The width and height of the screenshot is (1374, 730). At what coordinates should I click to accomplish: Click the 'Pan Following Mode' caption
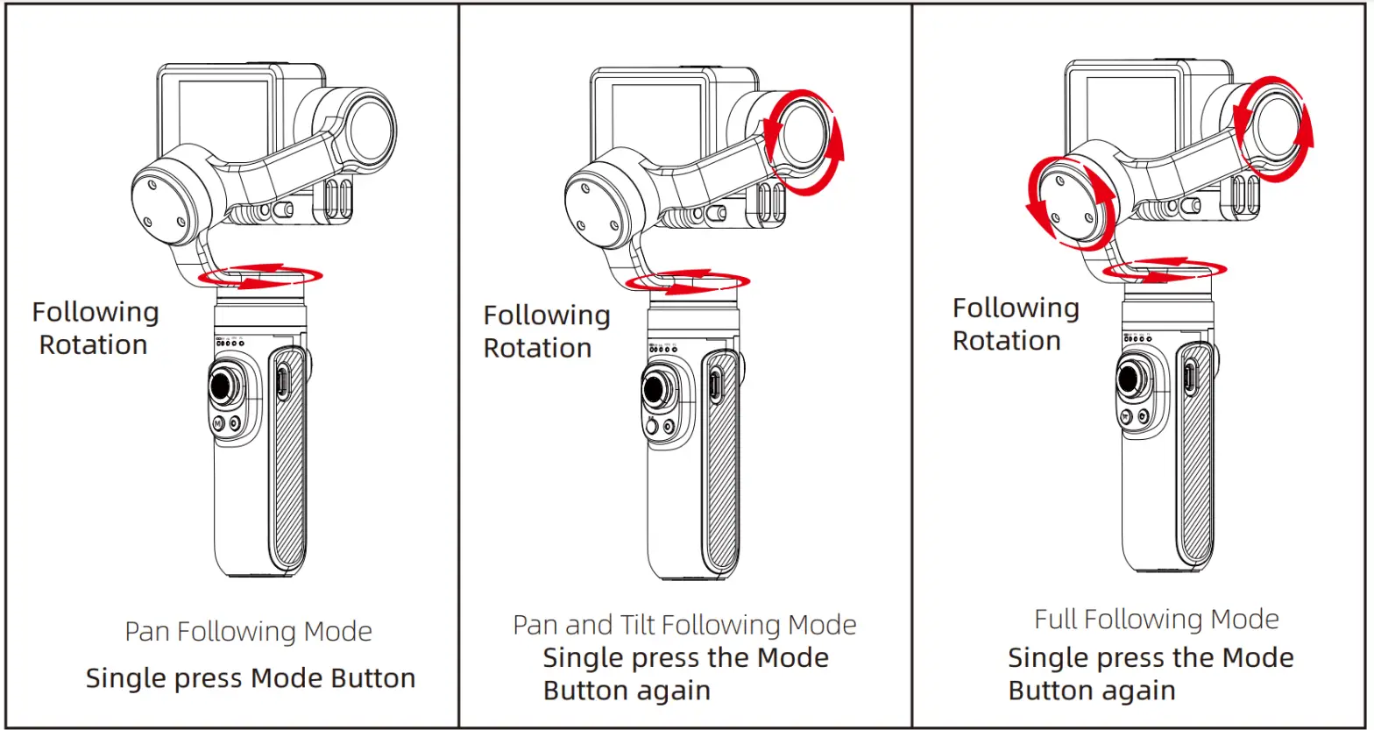click(x=248, y=632)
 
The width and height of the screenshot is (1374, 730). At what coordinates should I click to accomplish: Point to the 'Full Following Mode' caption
click(x=1156, y=620)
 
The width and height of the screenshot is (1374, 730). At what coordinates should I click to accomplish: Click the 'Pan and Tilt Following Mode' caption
click(x=684, y=625)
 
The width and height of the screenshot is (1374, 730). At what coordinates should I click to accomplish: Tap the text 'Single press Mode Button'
click(x=251, y=677)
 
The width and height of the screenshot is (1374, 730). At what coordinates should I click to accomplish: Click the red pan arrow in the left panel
click(x=260, y=277)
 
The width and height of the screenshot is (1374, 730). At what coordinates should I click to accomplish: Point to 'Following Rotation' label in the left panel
click(x=95, y=329)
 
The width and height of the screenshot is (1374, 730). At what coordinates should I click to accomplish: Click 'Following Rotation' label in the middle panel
click(x=546, y=331)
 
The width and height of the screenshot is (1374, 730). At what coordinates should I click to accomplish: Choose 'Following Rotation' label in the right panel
click(x=1015, y=324)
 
